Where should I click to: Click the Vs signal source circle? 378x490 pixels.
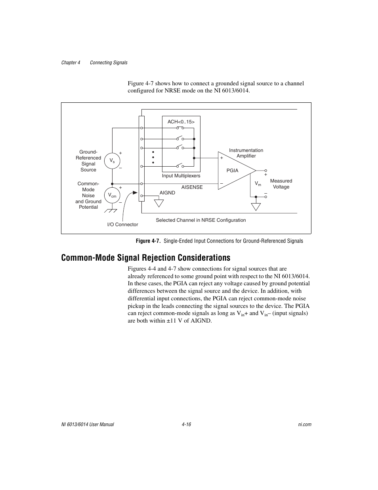pyautogui.click(x=112, y=161)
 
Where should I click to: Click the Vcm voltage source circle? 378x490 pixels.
pyautogui.click(x=112, y=195)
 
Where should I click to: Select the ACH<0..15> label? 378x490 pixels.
pyautogui.click(x=181, y=122)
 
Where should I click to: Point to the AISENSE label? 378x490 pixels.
pyautogui.click(x=192, y=187)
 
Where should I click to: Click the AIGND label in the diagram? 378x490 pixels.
pyautogui.click(x=167, y=193)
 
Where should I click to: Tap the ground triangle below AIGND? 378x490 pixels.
pyautogui.click(x=159, y=203)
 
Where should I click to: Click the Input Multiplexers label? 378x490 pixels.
pyautogui.click(x=181, y=176)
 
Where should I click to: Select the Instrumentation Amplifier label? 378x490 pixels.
pyautogui.click(x=246, y=153)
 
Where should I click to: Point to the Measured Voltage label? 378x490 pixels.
pyautogui.click(x=281, y=184)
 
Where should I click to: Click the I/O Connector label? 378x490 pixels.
pyautogui.click(x=122, y=225)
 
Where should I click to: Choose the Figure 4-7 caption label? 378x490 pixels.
pyautogui.click(x=219, y=241)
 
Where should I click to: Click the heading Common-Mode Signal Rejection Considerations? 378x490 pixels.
pyautogui.click(x=145, y=258)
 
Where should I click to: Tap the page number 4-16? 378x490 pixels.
pyautogui.click(x=187, y=425)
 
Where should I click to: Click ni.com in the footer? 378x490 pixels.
pyautogui.click(x=305, y=425)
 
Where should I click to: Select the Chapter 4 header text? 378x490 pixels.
pyautogui.click(x=71, y=63)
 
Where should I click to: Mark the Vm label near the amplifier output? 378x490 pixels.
pyautogui.click(x=258, y=184)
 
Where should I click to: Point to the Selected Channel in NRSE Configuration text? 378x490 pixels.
pyautogui.click(x=200, y=220)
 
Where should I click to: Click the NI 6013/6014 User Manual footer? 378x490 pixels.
pyautogui.click(x=88, y=425)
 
